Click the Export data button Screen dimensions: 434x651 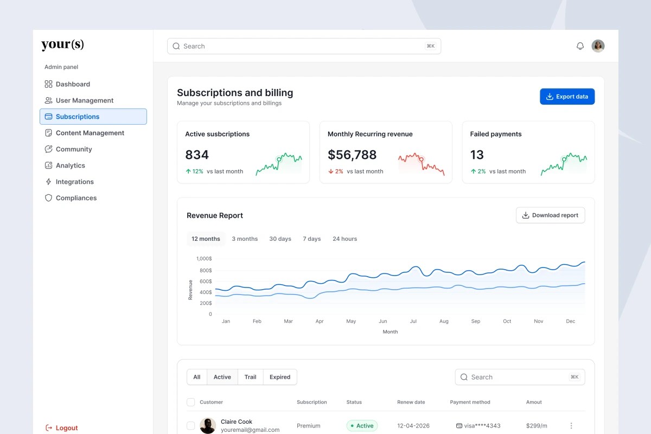pos(567,97)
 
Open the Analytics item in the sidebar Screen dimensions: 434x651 pos(70,165)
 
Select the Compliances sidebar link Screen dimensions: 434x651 pos(75,198)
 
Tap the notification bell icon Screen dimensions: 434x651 pos(580,46)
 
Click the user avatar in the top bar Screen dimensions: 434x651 pos(598,46)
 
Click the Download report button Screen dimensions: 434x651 pos(550,215)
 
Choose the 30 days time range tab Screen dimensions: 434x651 pos(280,239)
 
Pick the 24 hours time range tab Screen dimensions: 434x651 pos(344,239)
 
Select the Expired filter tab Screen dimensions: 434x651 pos(280,377)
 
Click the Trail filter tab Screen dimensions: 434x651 pos(250,377)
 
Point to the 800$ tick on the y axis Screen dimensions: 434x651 pos(206,270)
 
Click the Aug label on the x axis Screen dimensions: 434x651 pos(444,321)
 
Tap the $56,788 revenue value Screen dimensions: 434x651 pos(352,155)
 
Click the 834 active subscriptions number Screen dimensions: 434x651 pos(197,155)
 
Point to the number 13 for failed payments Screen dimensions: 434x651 pos(477,155)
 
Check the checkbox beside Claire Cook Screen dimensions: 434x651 pos(190,426)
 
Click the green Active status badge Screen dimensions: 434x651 pos(362,426)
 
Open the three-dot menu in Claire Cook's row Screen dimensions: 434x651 pos(571,426)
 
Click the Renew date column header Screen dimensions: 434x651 pos(411,402)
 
